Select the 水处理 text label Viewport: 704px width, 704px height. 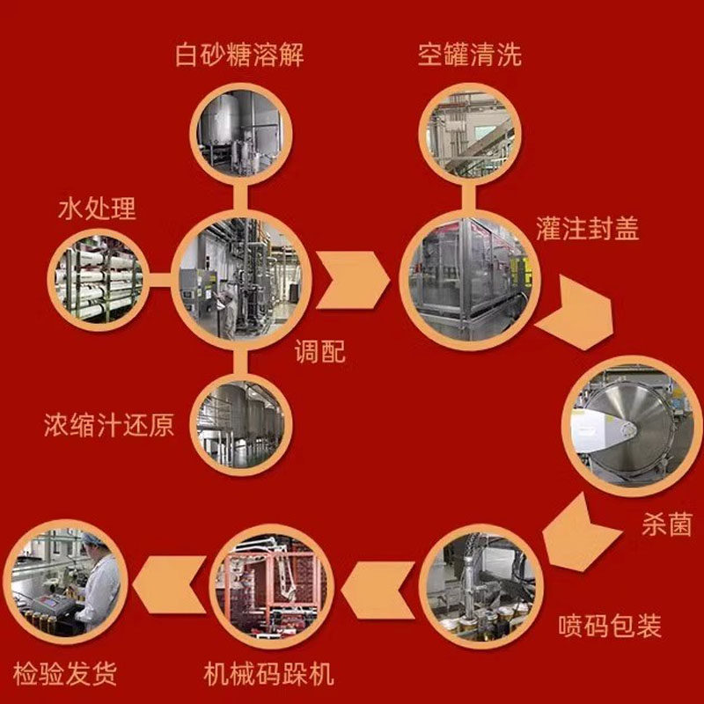[97, 209]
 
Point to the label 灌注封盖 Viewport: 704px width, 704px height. [587, 229]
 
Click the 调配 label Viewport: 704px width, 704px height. [319, 352]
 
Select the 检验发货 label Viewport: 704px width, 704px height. [66, 675]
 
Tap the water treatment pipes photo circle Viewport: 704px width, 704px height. [95, 277]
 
